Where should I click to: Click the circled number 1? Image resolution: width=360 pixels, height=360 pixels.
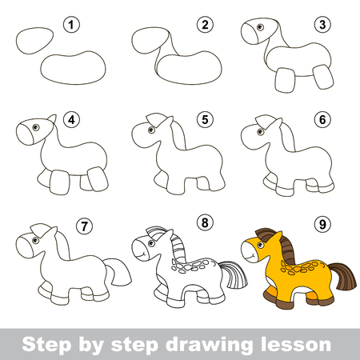point(71,25)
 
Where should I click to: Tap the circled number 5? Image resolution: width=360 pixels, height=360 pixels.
point(205,119)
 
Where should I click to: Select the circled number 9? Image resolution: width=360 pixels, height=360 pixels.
point(322,224)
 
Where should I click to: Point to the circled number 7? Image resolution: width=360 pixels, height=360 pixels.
point(85,226)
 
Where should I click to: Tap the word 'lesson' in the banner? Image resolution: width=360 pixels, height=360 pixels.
point(296,344)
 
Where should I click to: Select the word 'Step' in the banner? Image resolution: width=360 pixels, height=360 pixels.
point(47,344)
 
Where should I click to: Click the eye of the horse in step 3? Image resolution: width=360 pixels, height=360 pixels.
point(260,27)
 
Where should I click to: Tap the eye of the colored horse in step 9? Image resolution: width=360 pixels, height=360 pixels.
point(261,246)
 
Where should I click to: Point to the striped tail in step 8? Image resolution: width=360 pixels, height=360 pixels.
point(234,274)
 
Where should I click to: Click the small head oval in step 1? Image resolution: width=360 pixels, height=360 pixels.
point(34,41)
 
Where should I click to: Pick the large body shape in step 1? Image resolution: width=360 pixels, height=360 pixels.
point(73,68)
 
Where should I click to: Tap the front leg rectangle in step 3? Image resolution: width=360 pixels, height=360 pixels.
point(285,80)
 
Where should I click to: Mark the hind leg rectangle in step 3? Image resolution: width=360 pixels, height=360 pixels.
point(323,77)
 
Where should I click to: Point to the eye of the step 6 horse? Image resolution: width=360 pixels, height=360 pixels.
point(261,131)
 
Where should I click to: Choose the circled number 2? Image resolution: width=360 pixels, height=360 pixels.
point(205,25)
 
